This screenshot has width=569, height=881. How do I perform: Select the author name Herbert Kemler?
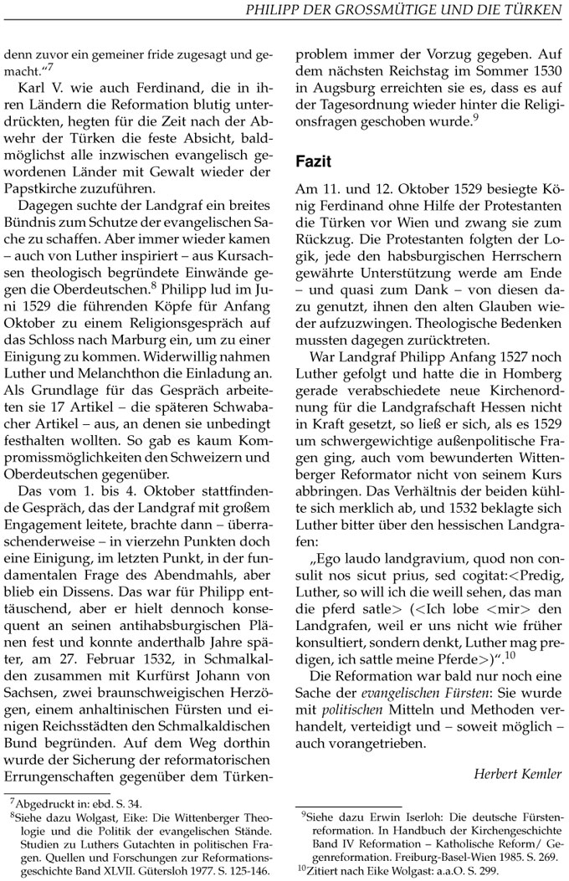pos(517,773)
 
